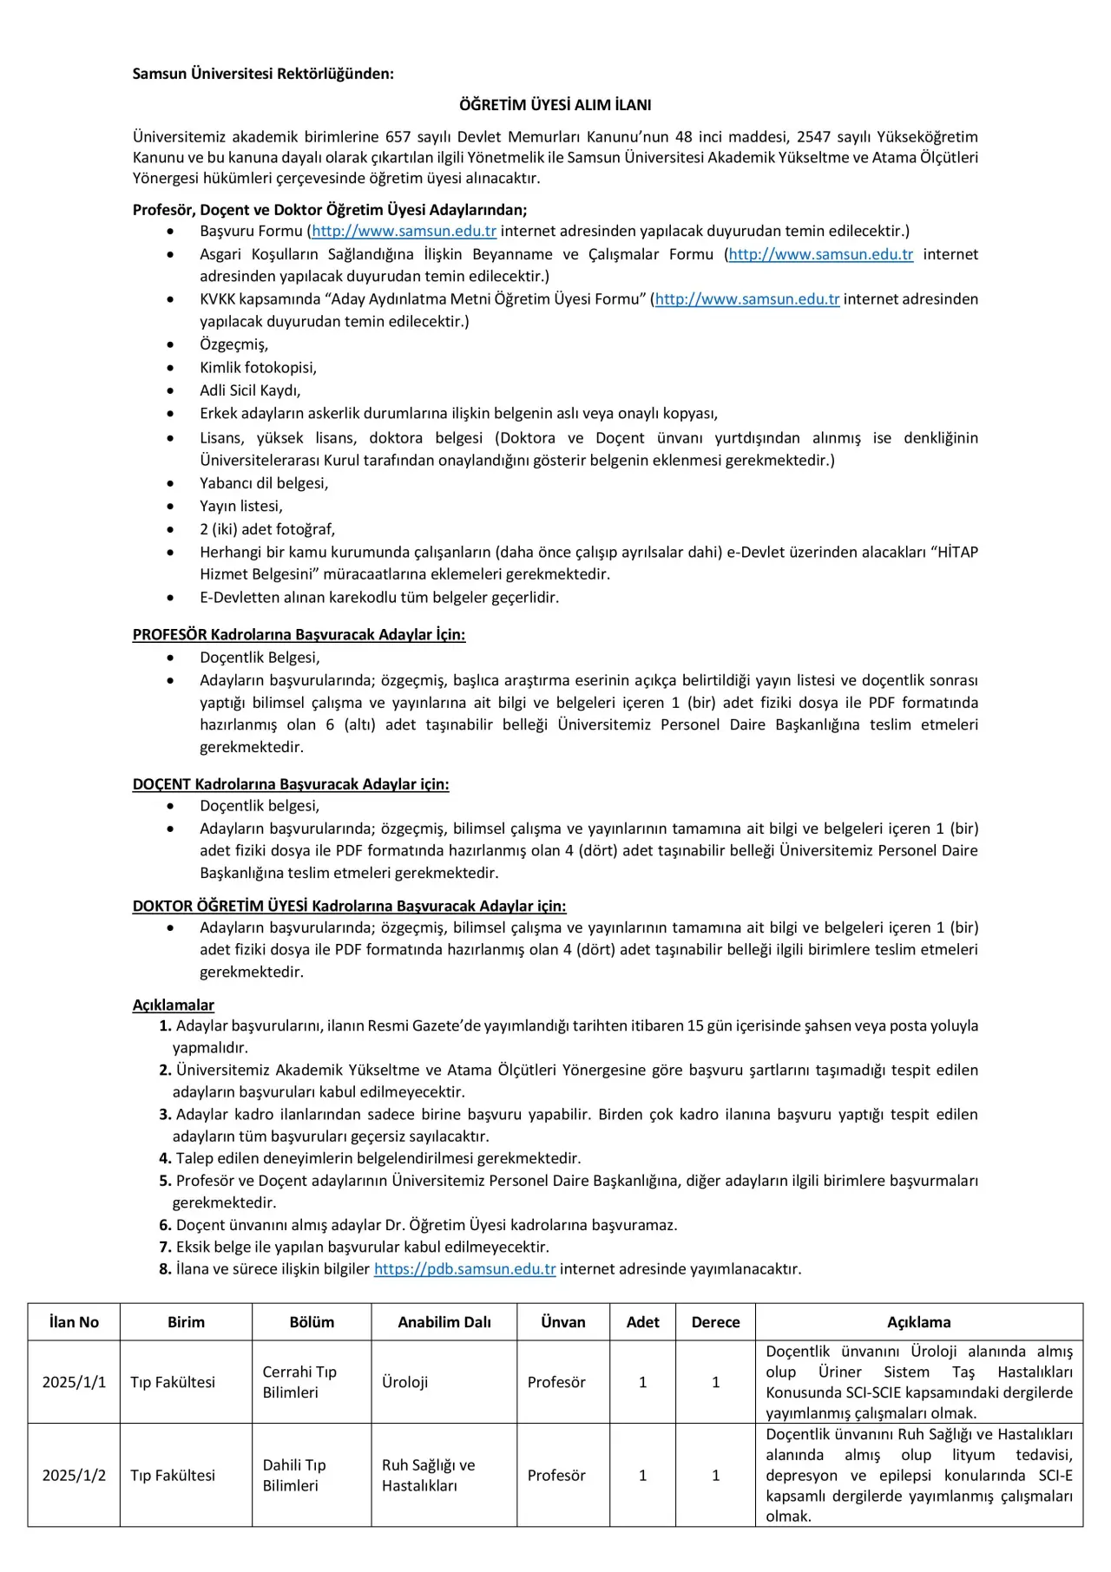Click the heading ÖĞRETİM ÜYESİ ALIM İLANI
555,105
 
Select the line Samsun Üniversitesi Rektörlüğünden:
263,74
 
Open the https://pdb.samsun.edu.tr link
464,1268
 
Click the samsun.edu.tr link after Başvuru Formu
404,231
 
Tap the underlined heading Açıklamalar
173,1005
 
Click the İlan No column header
74,1322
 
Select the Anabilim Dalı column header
444,1322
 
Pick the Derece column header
715,1322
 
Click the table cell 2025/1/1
74,1382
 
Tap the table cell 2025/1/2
74,1475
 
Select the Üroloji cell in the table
404,1382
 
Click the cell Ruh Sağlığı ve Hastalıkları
428,1475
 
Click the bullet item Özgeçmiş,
233,344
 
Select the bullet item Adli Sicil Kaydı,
250,390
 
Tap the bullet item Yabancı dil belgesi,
264,483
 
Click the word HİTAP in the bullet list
957,552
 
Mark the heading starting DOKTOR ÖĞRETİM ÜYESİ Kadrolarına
349,906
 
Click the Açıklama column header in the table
918,1322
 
